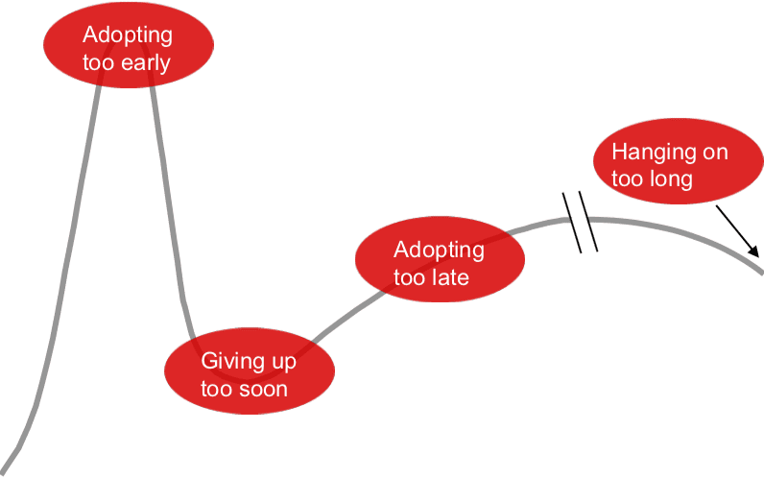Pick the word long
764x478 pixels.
671,179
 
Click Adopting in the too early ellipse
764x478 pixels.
128,36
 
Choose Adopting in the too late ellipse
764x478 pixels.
439,250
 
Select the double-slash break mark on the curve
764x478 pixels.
580,223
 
